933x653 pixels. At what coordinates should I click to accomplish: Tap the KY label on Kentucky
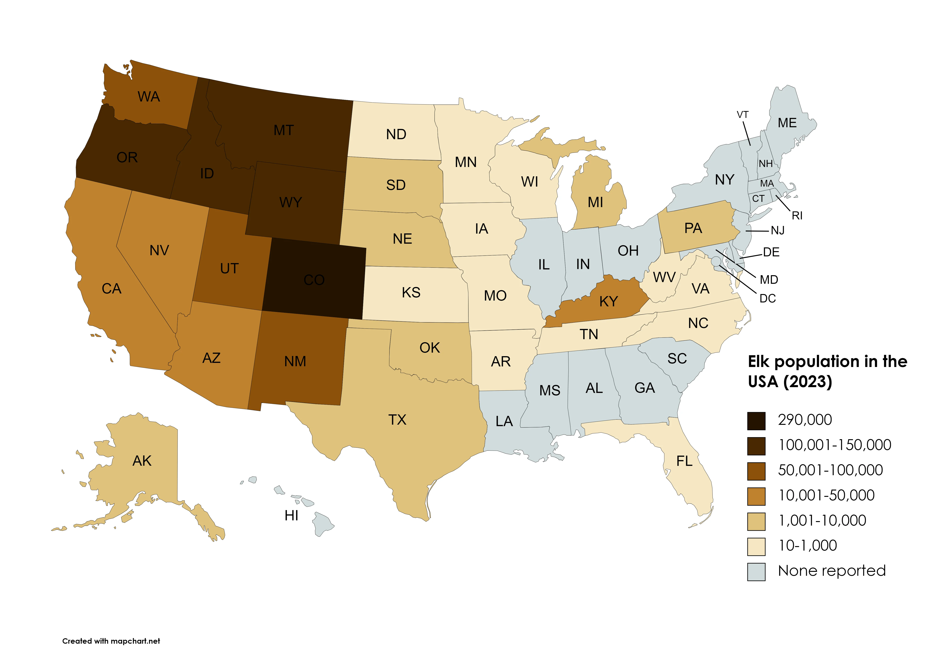click(x=608, y=301)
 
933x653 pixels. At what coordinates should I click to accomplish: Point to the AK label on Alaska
click(x=142, y=461)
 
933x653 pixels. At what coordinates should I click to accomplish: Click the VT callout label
click(x=742, y=115)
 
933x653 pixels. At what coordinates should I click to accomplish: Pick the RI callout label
click(x=797, y=216)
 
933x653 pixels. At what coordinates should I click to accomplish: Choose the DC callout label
click(x=768, y=299)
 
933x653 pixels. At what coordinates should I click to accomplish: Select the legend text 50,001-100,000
click(x=830, y=470)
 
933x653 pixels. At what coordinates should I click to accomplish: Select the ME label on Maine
click(x=787, y=123)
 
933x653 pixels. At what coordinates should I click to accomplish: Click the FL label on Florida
click(x=684, y=461)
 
